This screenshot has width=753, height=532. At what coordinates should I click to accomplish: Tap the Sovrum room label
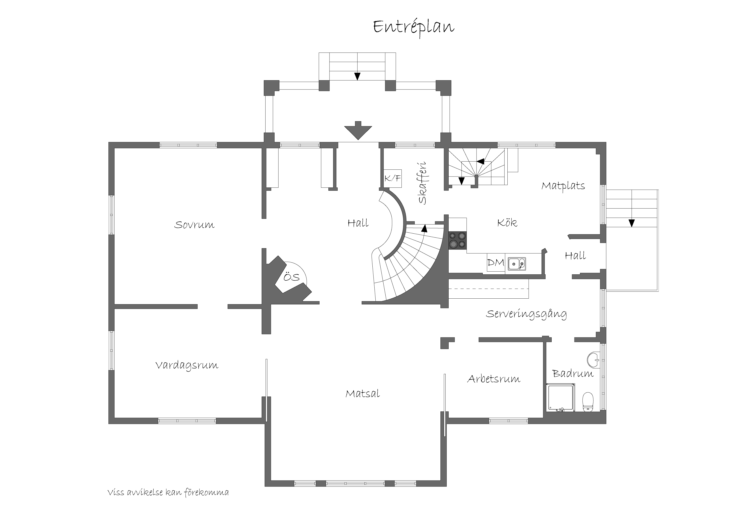click(194, 225)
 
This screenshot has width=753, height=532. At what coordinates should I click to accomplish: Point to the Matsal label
click(363, 393)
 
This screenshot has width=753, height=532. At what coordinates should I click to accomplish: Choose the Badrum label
click(573, 373)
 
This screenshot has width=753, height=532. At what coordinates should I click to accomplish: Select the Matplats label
click(563, 186)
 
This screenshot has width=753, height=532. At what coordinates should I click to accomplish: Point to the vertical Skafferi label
click(422, 183)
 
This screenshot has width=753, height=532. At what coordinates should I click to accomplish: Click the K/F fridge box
click(393, 178)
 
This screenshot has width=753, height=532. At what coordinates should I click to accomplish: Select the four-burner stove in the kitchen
click(457, 240)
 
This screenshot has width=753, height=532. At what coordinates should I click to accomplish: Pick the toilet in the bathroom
click(588, 402)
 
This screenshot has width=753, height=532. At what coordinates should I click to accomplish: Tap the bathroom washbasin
click(594, 360)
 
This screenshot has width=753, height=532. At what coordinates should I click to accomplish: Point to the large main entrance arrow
click(358, 130)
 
